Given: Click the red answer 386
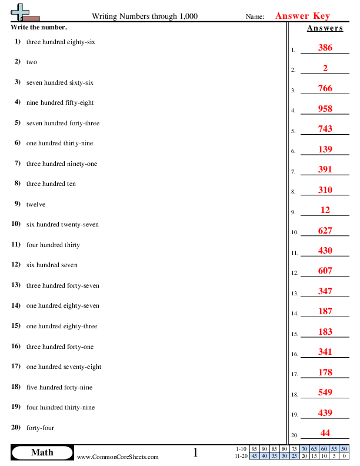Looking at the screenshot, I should (325, 48).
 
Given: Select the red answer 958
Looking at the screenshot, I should (325, 109).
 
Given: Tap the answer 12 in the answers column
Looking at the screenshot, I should (325, 210).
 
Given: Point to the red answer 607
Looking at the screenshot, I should (325, 271).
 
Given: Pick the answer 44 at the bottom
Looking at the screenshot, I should (325, 433).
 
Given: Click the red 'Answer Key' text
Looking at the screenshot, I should (302, 16).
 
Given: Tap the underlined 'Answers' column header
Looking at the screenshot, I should (325, 28).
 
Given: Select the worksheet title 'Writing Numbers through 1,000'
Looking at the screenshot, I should (145, 16).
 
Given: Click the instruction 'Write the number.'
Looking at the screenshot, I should (39, 27).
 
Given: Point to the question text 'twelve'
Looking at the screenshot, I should (36, 204).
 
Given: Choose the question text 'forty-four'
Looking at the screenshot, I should (40, 428).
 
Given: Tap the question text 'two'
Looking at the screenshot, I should (32, 62).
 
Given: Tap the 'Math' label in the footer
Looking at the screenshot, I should (42, 452).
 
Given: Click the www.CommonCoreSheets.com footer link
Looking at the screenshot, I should (118, 457).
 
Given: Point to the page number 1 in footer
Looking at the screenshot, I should (196, 452).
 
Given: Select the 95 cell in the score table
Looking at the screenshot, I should (254, 448).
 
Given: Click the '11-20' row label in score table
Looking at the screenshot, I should (240, 455).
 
